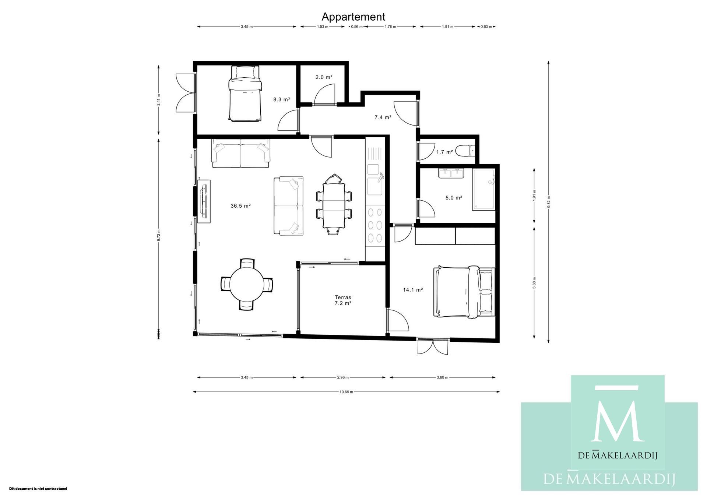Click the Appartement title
(353, 17)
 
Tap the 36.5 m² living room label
(240, 206)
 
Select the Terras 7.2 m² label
(343, 300)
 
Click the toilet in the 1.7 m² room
(465, 151)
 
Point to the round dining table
(247, 284)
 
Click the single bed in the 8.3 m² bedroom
(245, 94)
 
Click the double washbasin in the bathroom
(451, 173)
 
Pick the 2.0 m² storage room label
(324, 77)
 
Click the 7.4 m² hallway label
(383, 117)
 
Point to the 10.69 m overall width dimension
(346, 392)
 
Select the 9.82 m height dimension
(549, 202)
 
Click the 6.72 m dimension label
(159, 236)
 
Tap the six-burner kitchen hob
(375, 226)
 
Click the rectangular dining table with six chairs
(334, 205)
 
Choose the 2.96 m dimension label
(342, 377)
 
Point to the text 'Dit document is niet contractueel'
(38, 489)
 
